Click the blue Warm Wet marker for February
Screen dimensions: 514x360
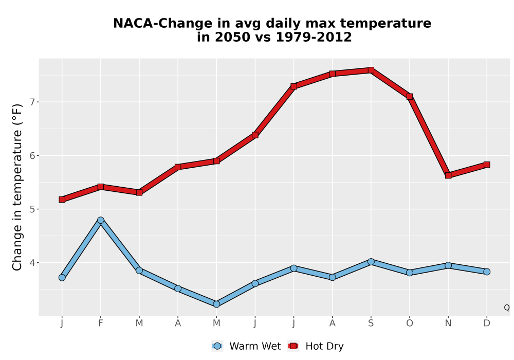click(101, 220)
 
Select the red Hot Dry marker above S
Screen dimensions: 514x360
click(371, 70)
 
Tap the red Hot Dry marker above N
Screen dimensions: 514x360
click(448, 175)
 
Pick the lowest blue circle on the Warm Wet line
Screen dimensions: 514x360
click(216, 304)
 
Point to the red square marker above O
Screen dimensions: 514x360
click(410, 96)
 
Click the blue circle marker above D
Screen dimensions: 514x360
click(487, 272)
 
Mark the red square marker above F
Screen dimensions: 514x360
click(101, 187)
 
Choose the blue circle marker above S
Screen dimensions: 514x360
click(371, 262)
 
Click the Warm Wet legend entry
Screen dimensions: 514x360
click(246, 346)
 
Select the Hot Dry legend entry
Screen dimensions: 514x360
click(316, 346)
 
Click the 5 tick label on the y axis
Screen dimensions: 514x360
click(32, 209)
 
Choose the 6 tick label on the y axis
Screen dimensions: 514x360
click(32, 155)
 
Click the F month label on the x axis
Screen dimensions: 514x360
click(101, 323)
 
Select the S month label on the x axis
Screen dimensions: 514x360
click(371, 323)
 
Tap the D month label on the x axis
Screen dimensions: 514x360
click(487, 323)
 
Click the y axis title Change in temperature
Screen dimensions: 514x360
click(17, 187)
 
